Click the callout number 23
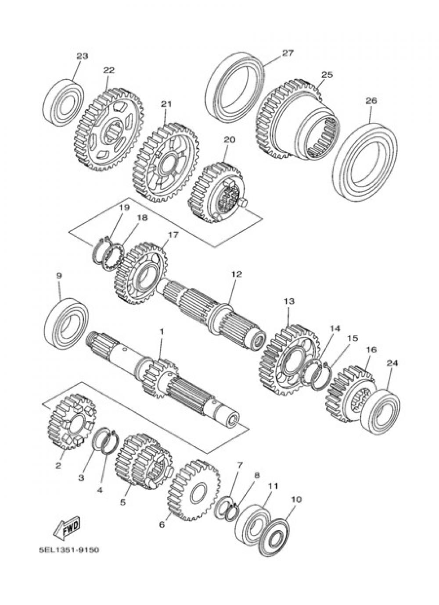[82, 56]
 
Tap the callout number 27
[287, 53]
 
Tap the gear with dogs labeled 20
[217, 193]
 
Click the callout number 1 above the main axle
[161, 332]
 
